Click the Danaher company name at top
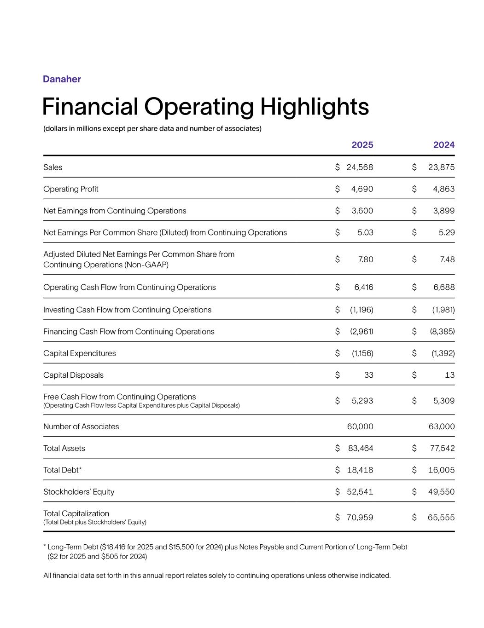point(62,79)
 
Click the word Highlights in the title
point(315,107)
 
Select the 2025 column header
point(362,145)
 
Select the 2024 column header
point(443,145)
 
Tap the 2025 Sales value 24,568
point(360,167)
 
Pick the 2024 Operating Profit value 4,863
point(443,189)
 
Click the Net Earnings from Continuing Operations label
point(115,211)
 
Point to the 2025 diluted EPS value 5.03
point(365,233)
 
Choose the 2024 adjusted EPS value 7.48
point(447,259)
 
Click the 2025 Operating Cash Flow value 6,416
point(363,288)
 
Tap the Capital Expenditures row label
point(80,353)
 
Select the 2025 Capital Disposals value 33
point(368,375)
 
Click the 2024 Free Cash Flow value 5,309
point(443,401)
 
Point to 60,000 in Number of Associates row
point(360,427)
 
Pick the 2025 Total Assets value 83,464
point(361,449)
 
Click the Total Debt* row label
point(63,470)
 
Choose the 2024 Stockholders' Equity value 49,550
point(441,492)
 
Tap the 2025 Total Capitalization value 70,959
point(360,518)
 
